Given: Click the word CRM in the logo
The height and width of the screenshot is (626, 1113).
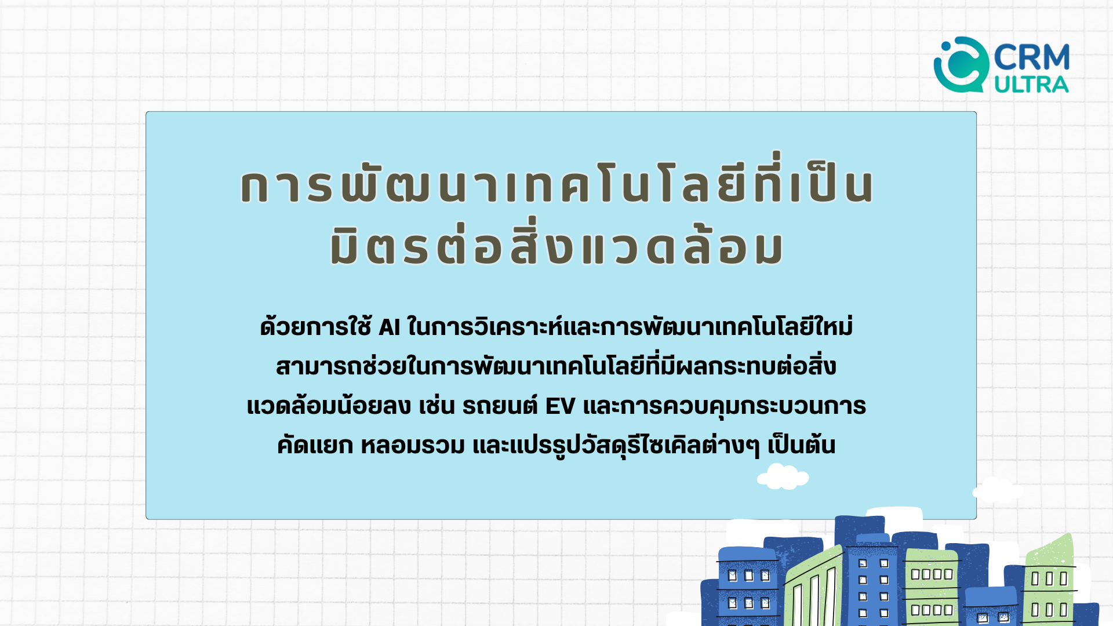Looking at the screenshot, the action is (1032, 57).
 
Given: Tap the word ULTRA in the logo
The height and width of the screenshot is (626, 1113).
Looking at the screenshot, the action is (1032, 85).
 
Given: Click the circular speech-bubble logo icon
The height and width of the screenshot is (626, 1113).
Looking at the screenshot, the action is (961, 65).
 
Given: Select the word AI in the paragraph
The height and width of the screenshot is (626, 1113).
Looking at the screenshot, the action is (390, 327).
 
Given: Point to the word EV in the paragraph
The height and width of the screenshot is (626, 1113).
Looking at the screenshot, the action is (560, 406).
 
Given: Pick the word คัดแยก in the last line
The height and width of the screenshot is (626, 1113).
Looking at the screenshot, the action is (315, 445).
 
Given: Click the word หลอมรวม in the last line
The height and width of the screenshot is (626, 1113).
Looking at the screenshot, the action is (413, 445).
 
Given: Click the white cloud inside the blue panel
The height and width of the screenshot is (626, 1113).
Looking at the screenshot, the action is (783, 476).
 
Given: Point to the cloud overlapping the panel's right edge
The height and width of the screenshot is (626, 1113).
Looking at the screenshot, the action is (997, 490).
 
